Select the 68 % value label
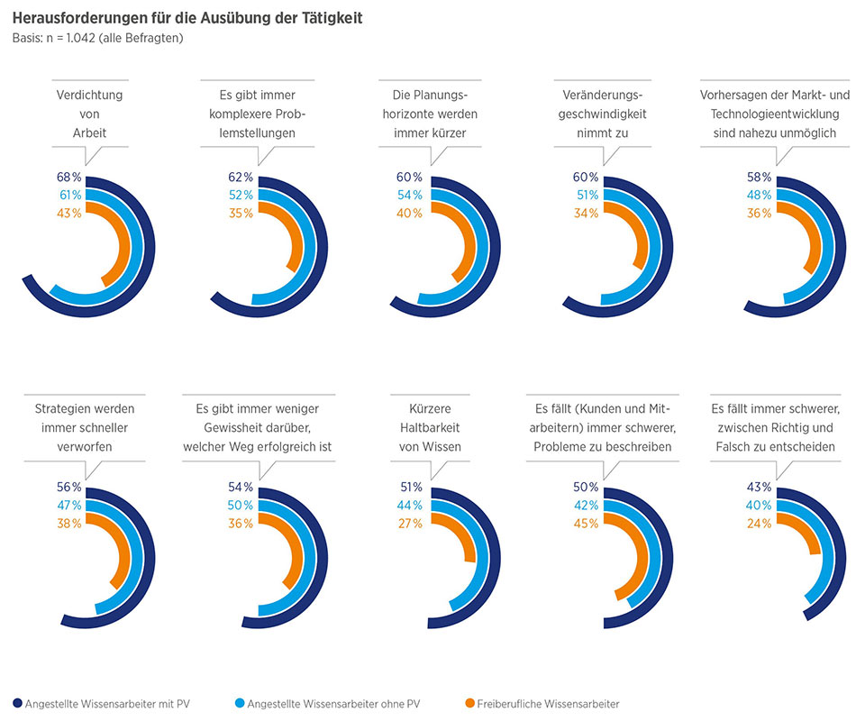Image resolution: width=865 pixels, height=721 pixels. [x=69, y=176]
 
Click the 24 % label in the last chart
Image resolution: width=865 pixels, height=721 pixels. [x=760, y=523]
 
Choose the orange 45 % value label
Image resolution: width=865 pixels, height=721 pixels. [x=585, y=523]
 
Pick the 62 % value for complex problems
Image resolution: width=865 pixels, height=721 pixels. [x=241, y=176]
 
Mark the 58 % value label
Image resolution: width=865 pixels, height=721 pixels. [x=760, y=176]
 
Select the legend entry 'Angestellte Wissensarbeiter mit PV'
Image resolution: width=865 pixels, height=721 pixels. [x=107, y=704]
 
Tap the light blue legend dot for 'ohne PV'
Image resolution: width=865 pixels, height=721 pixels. [x=238, y=704]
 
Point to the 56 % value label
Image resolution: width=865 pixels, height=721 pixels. [x=69, y=488]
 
